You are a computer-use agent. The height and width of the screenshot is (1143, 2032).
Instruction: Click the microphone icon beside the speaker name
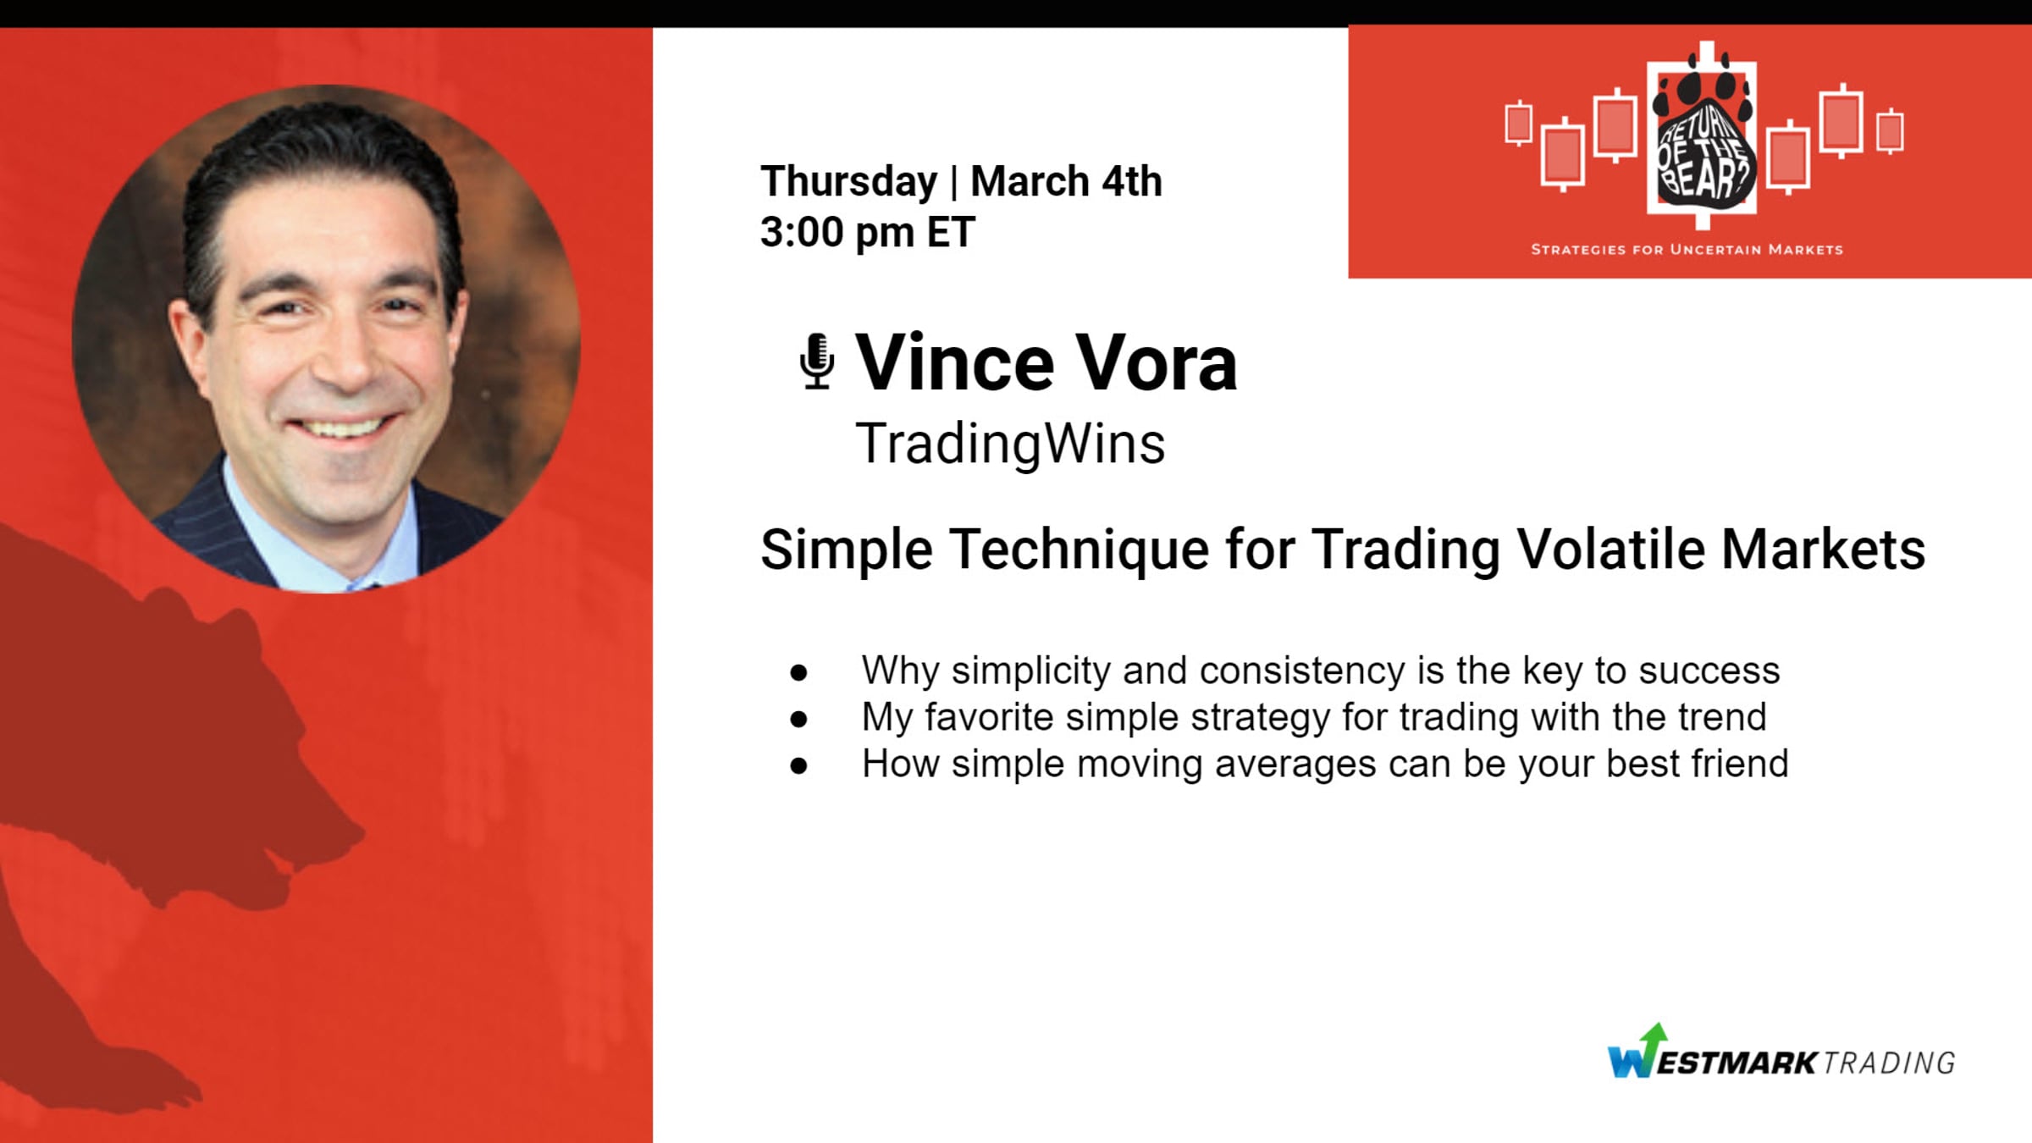coord(817,362)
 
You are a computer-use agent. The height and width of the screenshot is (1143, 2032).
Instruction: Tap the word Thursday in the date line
coord(849,182)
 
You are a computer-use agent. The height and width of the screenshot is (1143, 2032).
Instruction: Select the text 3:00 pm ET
coord(868,232)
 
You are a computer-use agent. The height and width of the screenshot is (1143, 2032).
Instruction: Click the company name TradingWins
coord(1010,444)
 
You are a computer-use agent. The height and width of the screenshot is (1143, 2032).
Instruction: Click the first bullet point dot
coord(798,673)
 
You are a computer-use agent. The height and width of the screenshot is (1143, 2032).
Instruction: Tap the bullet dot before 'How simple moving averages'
coord(798,766)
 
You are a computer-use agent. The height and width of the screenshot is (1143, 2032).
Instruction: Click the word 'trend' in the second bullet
coord(1723,716)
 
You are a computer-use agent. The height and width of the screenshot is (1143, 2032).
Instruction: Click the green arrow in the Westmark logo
coord(1654,1036)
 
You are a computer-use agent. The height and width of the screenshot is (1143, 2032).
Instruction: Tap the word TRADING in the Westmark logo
coord(1889,1063)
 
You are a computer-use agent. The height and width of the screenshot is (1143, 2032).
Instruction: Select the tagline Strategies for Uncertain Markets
coord(1687,250)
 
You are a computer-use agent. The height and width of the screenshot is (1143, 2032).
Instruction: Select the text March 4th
coord(1066,181)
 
